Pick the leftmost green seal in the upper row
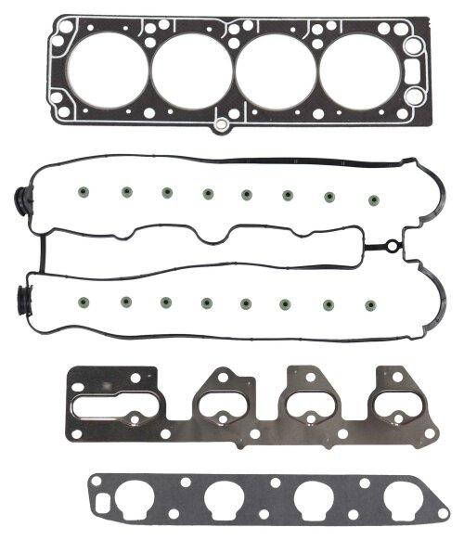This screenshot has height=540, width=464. tap(85, 193)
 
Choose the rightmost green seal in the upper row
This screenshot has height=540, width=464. tap(375, 199)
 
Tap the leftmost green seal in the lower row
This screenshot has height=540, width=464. tap(85, 300)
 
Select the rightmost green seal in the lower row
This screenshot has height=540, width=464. tap(371, 303)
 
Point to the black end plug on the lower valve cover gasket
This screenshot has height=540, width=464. tap(22, 299)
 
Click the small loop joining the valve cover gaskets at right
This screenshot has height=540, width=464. tap(393, 248)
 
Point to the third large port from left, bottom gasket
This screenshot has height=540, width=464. tap(314, 500)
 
